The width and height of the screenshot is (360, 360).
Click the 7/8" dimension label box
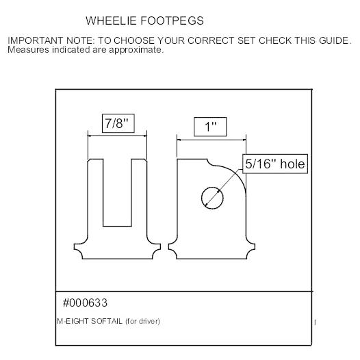point(118,123)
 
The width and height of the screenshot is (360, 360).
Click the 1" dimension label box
point(210,127)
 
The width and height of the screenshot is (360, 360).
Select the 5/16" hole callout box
point(275,164)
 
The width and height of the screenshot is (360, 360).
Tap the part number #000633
point(85,303)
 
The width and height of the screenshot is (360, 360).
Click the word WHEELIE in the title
point(111,21)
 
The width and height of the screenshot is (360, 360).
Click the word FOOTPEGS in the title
point(172,21)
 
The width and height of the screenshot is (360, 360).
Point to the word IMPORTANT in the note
point(35,40)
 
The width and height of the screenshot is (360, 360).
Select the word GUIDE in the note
point(333,40)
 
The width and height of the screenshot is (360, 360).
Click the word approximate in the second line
point(136,50)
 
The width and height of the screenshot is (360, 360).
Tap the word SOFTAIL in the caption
point(107,321)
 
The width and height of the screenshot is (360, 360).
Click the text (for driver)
point(142,321)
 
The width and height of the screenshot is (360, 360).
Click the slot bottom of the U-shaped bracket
point(117,226)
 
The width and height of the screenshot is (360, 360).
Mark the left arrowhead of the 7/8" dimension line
point(90,136)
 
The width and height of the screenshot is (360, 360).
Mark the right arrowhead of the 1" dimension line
point(244,140)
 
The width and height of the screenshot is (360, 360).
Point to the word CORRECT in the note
point(211,40)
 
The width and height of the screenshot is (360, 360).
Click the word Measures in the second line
point(28,50)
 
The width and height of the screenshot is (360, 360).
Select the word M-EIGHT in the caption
point(73,321)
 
